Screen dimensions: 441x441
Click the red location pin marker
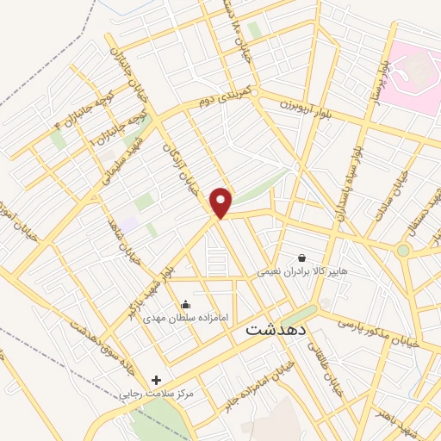pos(222,203)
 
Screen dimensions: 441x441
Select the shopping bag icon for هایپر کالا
pos(301,257)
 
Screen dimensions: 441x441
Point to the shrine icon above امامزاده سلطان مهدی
pos(185,304)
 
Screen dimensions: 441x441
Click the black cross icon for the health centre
pos(156,380)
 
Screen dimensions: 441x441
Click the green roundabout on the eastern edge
pos(403,251)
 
